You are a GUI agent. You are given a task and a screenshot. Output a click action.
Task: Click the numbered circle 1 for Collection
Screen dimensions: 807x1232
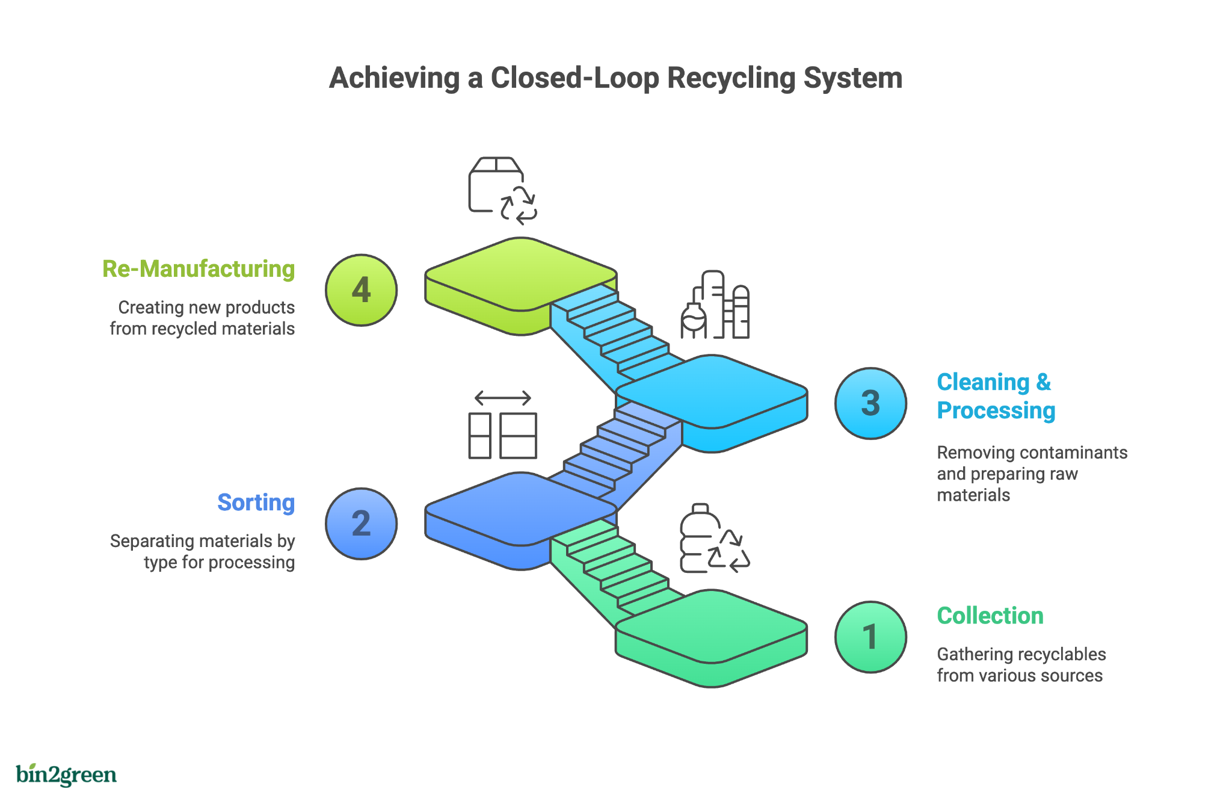click(870, 637)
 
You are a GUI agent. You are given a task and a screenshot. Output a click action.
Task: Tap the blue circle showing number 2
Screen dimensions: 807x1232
click(361, 524)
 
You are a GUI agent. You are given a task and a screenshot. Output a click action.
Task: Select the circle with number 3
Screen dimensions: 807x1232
click(870, 403)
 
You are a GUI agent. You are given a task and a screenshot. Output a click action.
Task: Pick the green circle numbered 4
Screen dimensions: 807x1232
click(361, 290)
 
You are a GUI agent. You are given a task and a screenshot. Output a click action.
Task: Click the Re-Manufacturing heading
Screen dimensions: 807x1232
click(199, 269)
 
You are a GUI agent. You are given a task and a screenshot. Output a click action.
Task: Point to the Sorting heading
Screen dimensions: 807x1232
click(256, 502)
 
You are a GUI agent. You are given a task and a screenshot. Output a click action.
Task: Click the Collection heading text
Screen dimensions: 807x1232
click(990, 616)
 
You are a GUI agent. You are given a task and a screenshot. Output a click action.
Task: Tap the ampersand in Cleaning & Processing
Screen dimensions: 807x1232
click(1043, 382)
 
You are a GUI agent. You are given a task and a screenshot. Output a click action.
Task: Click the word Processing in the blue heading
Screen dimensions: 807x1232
click(996, 410)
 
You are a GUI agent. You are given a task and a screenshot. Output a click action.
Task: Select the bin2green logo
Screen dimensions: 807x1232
click(66, 775)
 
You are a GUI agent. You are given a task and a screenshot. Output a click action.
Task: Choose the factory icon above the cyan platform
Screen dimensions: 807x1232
click(715, 305)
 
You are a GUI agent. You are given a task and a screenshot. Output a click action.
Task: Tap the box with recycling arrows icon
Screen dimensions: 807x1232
click(502, 191)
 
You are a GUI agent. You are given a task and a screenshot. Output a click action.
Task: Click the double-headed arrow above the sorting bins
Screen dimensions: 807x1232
click(502, 398)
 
